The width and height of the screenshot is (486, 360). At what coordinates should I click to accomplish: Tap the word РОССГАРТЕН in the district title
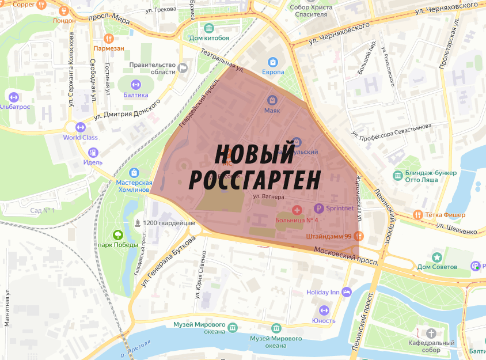pyautogui.click(x=254, y=180)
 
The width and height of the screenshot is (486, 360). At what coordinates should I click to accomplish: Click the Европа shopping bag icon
pyautogui.click(x=273, y=62)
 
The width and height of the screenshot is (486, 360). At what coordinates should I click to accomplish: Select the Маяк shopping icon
pyautogui.click(x=272, y=100)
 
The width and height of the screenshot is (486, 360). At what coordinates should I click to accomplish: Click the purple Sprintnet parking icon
pyautogui.click(x=318, y=208)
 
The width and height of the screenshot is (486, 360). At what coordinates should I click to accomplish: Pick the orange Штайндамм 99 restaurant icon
pyautogui.click(x=359, y=236)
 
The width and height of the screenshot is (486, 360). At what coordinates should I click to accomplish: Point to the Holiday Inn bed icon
pyautogui.click(x=347, y=292)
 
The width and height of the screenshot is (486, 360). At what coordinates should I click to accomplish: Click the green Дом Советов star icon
pyautogui.click(x=438, y=256)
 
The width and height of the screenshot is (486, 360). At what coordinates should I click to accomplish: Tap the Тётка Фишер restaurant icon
pyautogui.click(x=418, y=215)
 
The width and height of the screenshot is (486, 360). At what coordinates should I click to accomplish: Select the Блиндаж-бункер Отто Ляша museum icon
pyautogui.click(x=397, y=175)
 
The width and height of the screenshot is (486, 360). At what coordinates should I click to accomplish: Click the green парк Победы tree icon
pyautogui.click(x=117, y=234)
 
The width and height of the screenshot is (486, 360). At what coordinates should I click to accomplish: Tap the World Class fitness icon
pyautogui.click(x=80, y=127)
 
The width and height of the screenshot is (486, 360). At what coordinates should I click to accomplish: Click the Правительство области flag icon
pyautogui.click(x=183, y=68)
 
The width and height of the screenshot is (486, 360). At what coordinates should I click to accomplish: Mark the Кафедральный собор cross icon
pyautogui.click(x=431, y=333)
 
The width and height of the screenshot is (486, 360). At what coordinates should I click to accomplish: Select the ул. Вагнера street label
pyautogui.click(x=269, y=196)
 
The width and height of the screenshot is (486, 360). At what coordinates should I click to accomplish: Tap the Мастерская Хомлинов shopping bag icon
pyautogui.click(x=134, y=172)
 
